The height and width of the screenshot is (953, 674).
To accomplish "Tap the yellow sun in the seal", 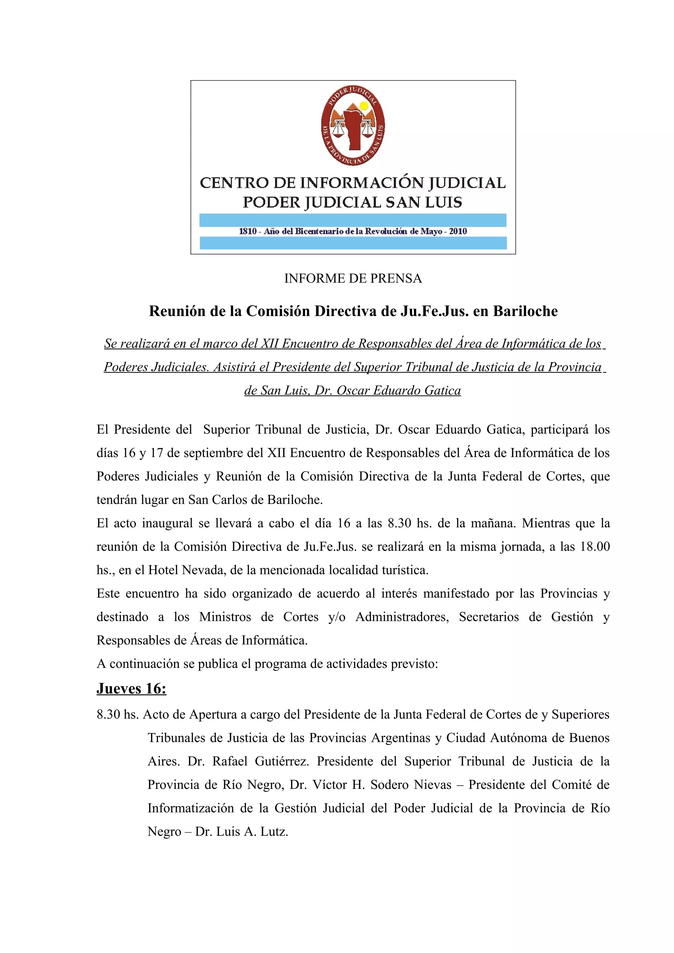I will [x=364, y=106].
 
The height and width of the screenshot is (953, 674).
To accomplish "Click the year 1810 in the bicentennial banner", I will [x=247, y=231].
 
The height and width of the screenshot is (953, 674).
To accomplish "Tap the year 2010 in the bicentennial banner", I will [x=458, y=231].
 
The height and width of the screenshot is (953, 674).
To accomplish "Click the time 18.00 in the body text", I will [x=595, y=546].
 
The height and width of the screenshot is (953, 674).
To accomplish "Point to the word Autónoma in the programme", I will [x=514, y=738].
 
